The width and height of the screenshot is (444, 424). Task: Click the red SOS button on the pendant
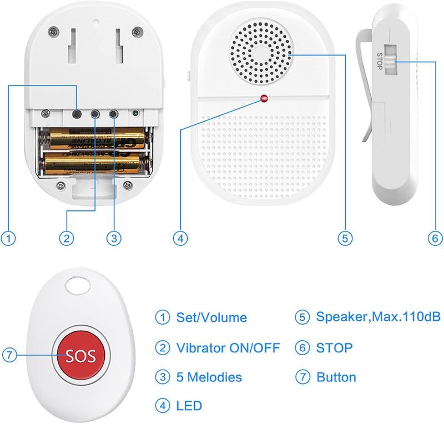[x=82, y=355]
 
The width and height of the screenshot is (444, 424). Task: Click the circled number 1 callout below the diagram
[x=8, y=239]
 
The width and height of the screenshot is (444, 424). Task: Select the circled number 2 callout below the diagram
[x=67, y=239]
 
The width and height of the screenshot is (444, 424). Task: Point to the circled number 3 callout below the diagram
[x=113, y=239]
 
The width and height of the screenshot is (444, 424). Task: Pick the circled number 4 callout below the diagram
[x=180, y=239]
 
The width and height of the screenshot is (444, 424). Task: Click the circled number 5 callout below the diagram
[x=345, y=239]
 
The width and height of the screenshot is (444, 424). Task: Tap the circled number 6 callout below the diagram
[x=435, y=239]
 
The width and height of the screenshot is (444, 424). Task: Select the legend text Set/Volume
[x=211, y=318]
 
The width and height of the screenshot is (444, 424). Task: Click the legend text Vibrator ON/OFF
[x=228, y=349]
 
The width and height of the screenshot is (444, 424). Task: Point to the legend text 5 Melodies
[x=209, y=377]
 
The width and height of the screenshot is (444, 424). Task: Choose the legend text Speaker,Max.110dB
[x=378, y=317]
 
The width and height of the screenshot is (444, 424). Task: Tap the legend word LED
[x=189, y=406]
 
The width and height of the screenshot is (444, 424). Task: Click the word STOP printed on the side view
[x=380, y=59]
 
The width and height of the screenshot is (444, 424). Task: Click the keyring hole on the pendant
[x=78, y=286]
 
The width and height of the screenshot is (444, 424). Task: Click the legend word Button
[x=336, y=377]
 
